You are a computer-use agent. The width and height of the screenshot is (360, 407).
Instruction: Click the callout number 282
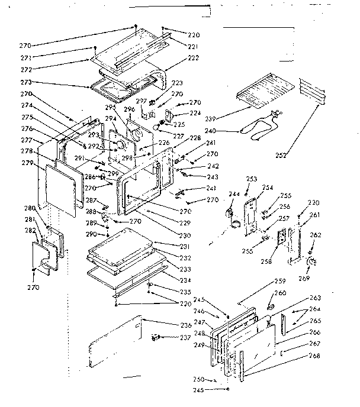tap(30, 230)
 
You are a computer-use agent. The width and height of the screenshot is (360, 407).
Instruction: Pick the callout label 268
tap(315, 356)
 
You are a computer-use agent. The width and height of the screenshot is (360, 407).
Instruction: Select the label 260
tap(280, 293)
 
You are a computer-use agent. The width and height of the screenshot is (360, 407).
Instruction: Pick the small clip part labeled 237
tap(156, 337)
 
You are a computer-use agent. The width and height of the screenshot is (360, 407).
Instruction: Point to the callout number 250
tap(200, 379)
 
